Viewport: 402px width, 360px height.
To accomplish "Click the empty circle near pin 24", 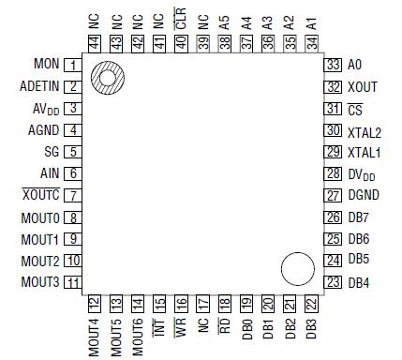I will [x=297, y=270].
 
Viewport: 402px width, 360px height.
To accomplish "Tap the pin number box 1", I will [x=70, y=65].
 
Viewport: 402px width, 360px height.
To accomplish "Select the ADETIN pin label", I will [x=39, y=86].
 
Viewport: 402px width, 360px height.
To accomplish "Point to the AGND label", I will [x=44, y=130].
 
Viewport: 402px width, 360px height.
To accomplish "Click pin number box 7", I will [x=70, y=196].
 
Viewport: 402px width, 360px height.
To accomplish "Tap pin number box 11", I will [x=70, y=282].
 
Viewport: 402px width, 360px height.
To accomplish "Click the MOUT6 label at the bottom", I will [x=139, y=335].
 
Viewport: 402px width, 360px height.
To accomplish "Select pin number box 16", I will [x=181, y=304].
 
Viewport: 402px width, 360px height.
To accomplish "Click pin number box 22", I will [x=310, y=304].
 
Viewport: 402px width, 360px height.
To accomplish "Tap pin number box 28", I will [x=332, y=173].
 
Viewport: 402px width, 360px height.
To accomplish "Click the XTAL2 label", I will [x=365, y=130].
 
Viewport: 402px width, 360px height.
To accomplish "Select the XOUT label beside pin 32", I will [x=362, y=86].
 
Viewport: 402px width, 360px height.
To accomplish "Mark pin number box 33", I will [x=332, y=65].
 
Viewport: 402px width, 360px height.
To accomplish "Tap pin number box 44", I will [x=94, y=43].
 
